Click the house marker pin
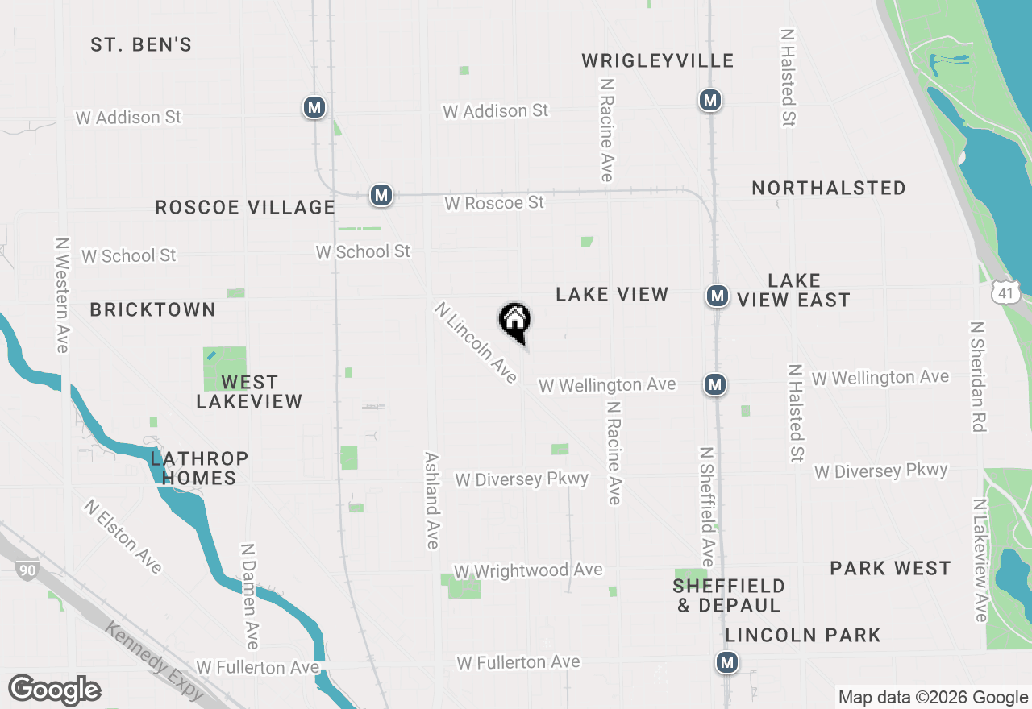[515, 321]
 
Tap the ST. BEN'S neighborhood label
[141, 44]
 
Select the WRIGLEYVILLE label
[658, 60]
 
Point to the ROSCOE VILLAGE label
[245, 207]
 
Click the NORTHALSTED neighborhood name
[829, 188]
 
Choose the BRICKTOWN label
[152, 309]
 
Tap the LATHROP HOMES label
[199, 468]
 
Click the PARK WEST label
[890, 568]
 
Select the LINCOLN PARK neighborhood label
[803, 635]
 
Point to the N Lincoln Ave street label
[476, 343]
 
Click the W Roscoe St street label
[494, 202]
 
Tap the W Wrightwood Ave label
[528, 570]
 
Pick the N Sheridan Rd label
[978, 376]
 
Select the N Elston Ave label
[123, 537]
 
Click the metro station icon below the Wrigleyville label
[709, 100]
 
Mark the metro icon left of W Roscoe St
[381, 195]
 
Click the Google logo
[54, 690]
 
